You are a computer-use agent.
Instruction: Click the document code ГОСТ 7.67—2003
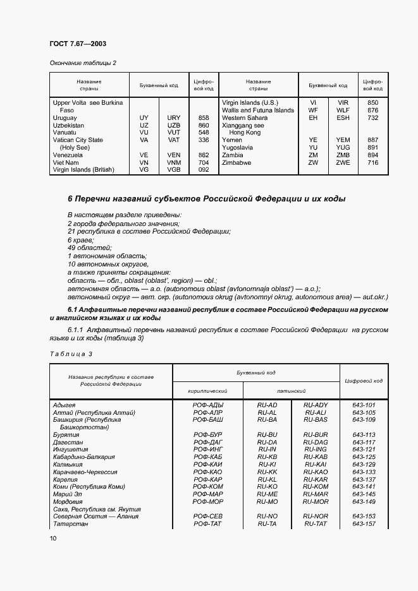coord(77,44)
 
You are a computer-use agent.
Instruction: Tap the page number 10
coord(53,538)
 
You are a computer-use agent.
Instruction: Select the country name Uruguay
coord(65,117)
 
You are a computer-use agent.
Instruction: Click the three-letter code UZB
coord(174,125)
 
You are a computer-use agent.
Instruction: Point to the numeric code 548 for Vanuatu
coord(203,133)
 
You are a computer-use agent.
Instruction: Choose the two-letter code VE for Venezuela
coord(144,155)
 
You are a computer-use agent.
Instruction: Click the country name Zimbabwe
coord(237,162)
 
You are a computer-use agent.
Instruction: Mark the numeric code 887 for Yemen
coord(372,140)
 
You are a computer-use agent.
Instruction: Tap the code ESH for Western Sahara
coord(343,117)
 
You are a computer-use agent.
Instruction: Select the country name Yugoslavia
coord(238,147)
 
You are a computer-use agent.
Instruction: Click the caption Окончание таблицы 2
coord(82,63)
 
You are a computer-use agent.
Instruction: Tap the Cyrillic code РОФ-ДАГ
coord(208,442)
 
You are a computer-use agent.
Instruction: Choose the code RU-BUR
coord(316,434)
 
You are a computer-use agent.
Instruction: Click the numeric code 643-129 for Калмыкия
coord(363,464)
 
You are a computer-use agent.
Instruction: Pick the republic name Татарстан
coord(71,523)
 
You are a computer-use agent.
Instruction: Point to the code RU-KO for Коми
coord(267,486)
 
